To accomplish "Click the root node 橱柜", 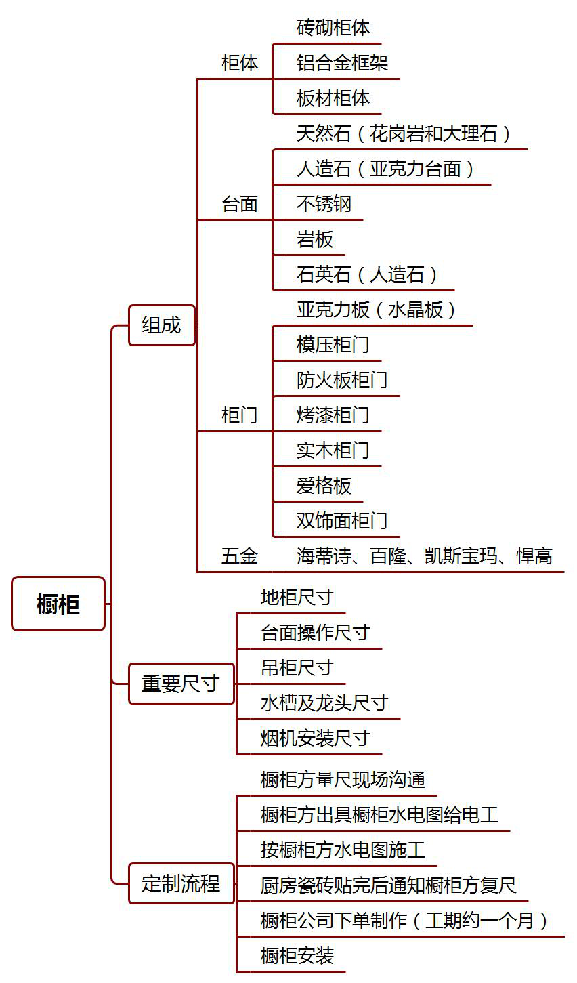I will click(x=58, y=604).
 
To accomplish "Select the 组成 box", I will click(x=161, y=325).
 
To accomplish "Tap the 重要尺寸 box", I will click(x=181, y=684).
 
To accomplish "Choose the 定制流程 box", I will click(x=181, y=883).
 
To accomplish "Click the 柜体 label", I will click(x=240, y=63).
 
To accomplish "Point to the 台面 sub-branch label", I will click(x=240, y=204).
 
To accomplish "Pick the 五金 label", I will click(x=240, y=556).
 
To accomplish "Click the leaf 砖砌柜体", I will click(x=333, y=28).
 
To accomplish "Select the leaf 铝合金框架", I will click(x=342, y=63).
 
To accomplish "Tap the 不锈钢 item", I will click(x=324, y=204).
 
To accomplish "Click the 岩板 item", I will click(x=315, y=239).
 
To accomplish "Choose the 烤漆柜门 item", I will click(x=333, y=415).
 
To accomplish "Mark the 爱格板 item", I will click(x=324, y=486).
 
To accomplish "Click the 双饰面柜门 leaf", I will click(x=342, y=521).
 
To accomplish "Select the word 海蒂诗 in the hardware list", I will click(x=324, y=556).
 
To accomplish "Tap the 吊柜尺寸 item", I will click(x=297, y=668).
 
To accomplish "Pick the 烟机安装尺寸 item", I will click(x=315, y=738).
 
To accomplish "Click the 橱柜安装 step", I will click(x=297, y=955).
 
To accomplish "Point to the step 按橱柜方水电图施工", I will click(x=343, y=850).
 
